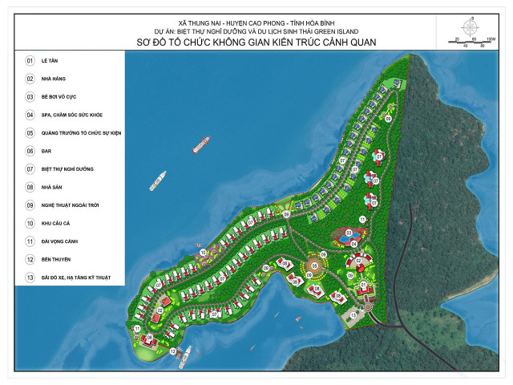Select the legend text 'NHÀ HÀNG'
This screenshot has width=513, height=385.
click(x=56, y=79)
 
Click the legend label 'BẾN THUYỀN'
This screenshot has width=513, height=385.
click(x=59, y=259)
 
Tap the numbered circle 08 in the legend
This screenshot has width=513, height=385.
click(x=30, y=187)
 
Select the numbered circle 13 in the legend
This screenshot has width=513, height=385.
click(x=30, y=277)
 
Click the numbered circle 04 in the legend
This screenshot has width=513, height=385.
click(x=30, y=115)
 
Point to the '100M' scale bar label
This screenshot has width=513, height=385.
click(x=491, y=38)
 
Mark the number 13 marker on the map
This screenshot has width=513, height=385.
click(x=353, y=315)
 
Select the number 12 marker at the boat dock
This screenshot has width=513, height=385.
click(x=172, y=352)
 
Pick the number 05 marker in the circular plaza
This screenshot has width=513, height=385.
click(x=314, y=265)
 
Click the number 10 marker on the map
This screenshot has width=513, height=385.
click(x=203, y=253)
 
